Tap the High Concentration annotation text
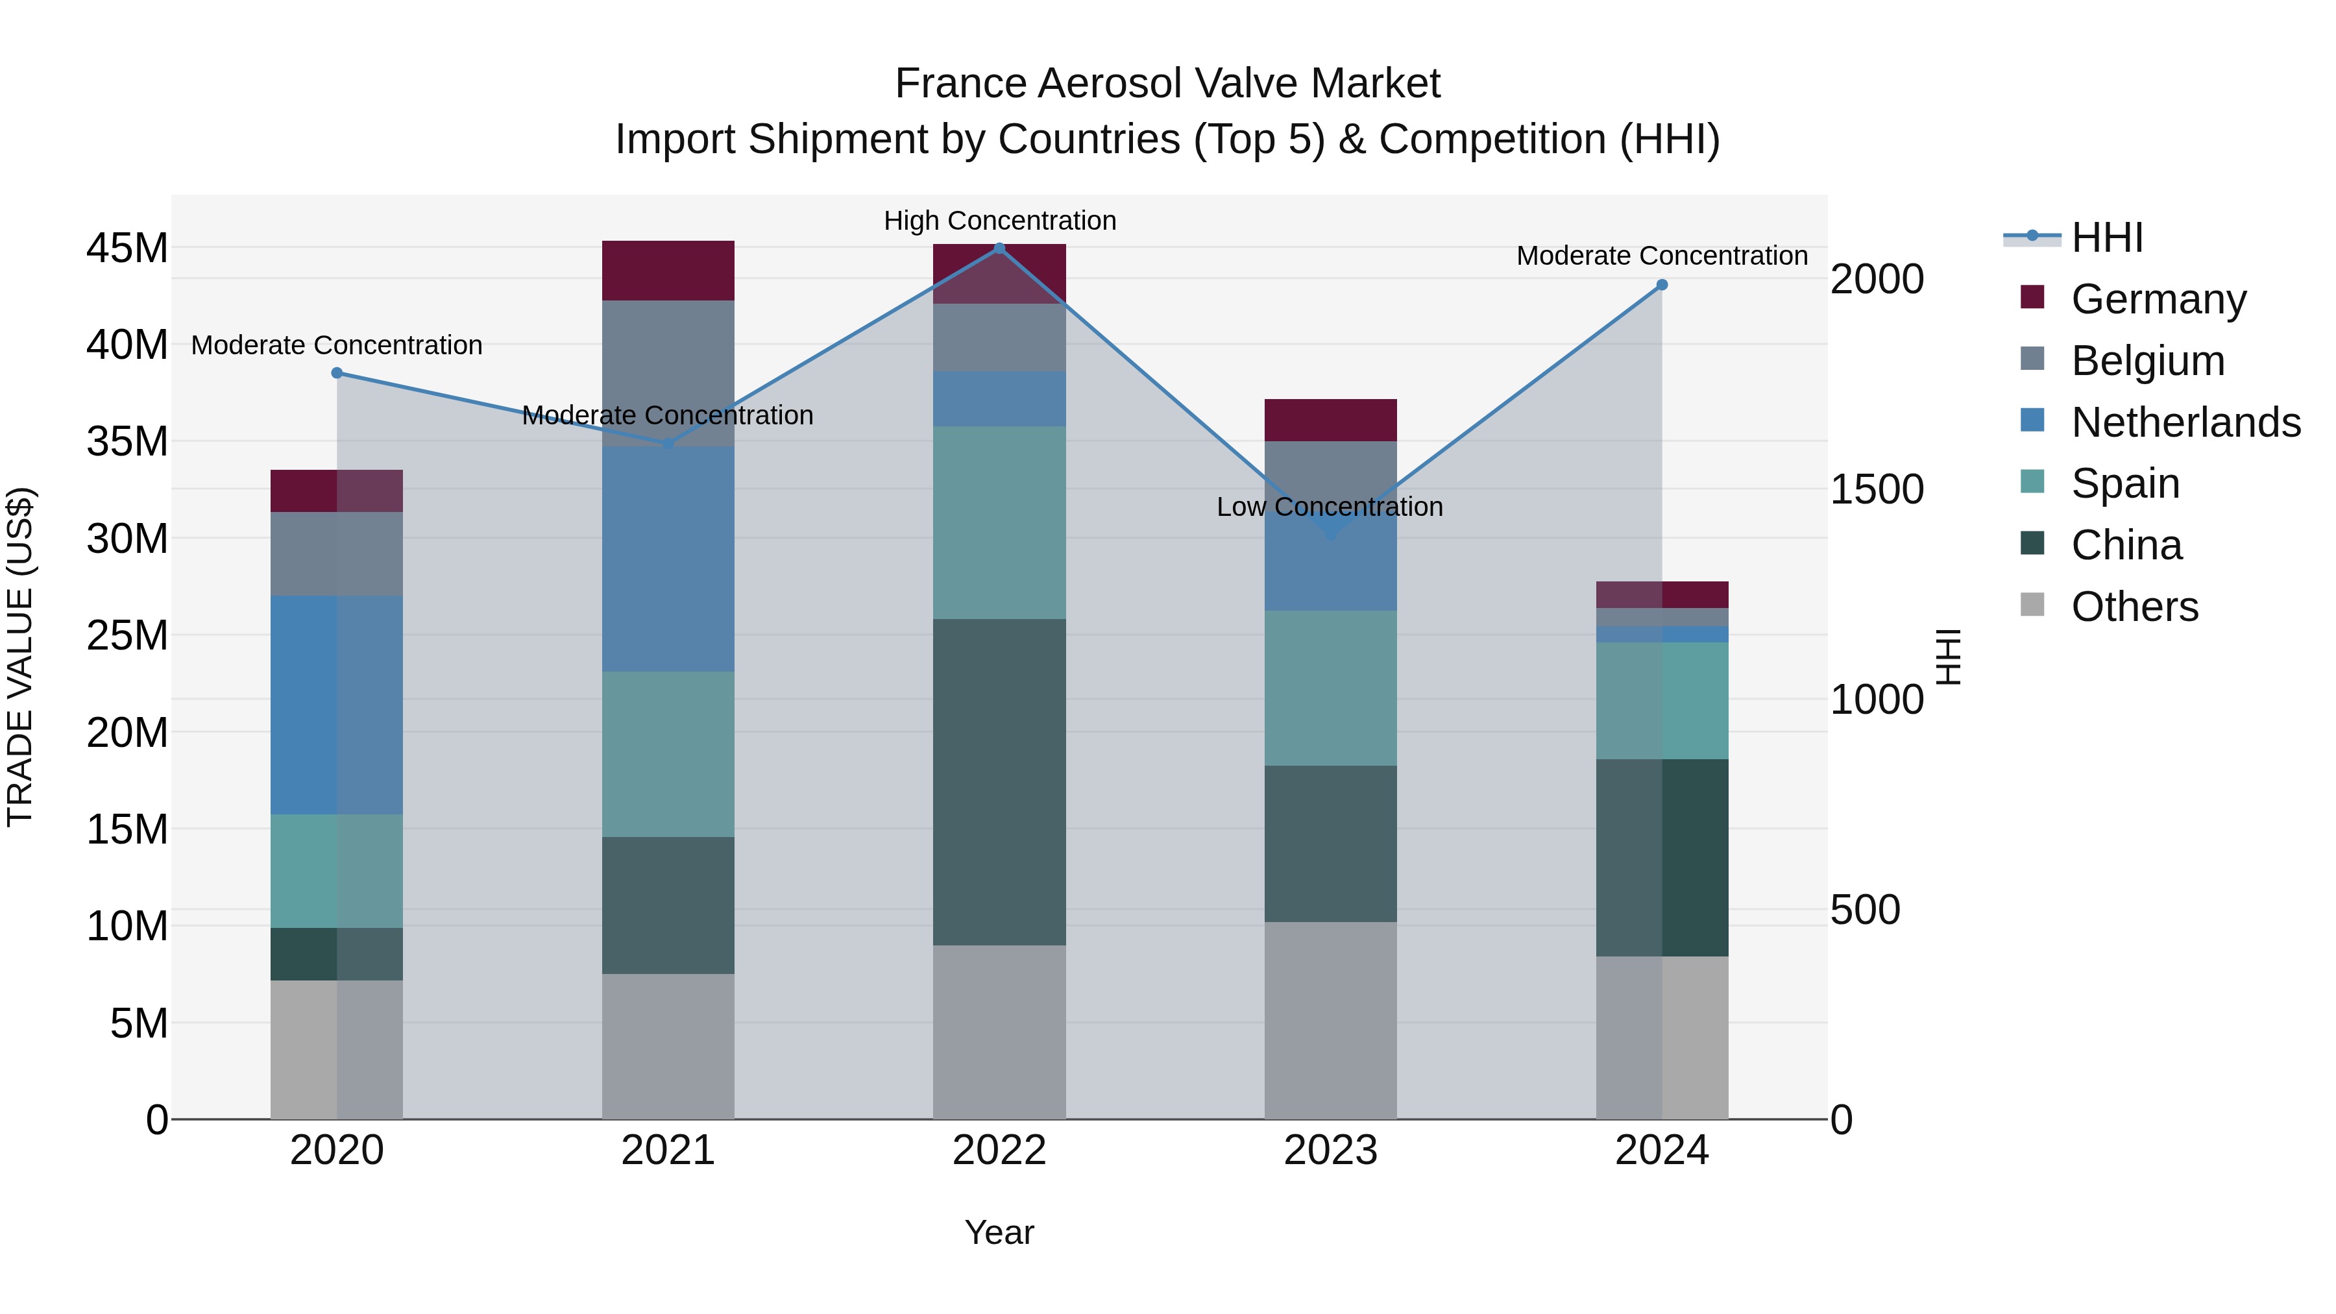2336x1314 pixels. tap(999, 221)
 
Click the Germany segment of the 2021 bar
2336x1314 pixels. tap(668, 270)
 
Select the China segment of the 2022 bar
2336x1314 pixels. tap(999, 782)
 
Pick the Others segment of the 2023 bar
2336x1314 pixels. tap(1330, 1020)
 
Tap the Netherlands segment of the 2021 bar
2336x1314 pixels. tap(668, 559)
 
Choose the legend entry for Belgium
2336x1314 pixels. tap(2147, 361)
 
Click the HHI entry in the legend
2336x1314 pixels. tap(2106, 237)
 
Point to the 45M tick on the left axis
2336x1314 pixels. tap(127, 249)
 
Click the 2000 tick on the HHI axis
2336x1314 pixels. tap(1876, 279)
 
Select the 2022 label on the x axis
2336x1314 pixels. tap(999, 1150)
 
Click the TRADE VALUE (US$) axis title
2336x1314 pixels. tap(21, 657)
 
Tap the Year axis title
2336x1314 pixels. tap(999, 1232)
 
